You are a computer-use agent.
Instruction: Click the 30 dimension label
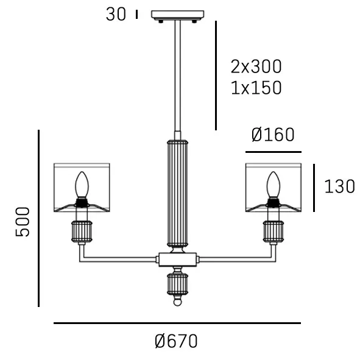point(116,14)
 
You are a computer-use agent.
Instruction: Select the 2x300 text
point(256,66)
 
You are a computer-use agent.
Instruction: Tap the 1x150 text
point(256,88)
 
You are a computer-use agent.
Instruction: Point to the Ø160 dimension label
point(273,135)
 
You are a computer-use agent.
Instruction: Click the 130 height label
point(339,186)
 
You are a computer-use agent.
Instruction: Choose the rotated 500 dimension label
point(23,222)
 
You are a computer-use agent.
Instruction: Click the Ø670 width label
point(177,342)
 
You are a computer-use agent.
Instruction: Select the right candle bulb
point(274,185)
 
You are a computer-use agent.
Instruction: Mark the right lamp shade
point(274,188)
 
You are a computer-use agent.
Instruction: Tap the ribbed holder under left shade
point(82,231)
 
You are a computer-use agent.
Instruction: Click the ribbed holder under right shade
point(274,231)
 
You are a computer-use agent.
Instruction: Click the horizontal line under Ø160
point(274,152)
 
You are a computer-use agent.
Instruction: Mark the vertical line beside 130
point(314,188)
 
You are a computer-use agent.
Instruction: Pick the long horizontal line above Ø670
point(177,323)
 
